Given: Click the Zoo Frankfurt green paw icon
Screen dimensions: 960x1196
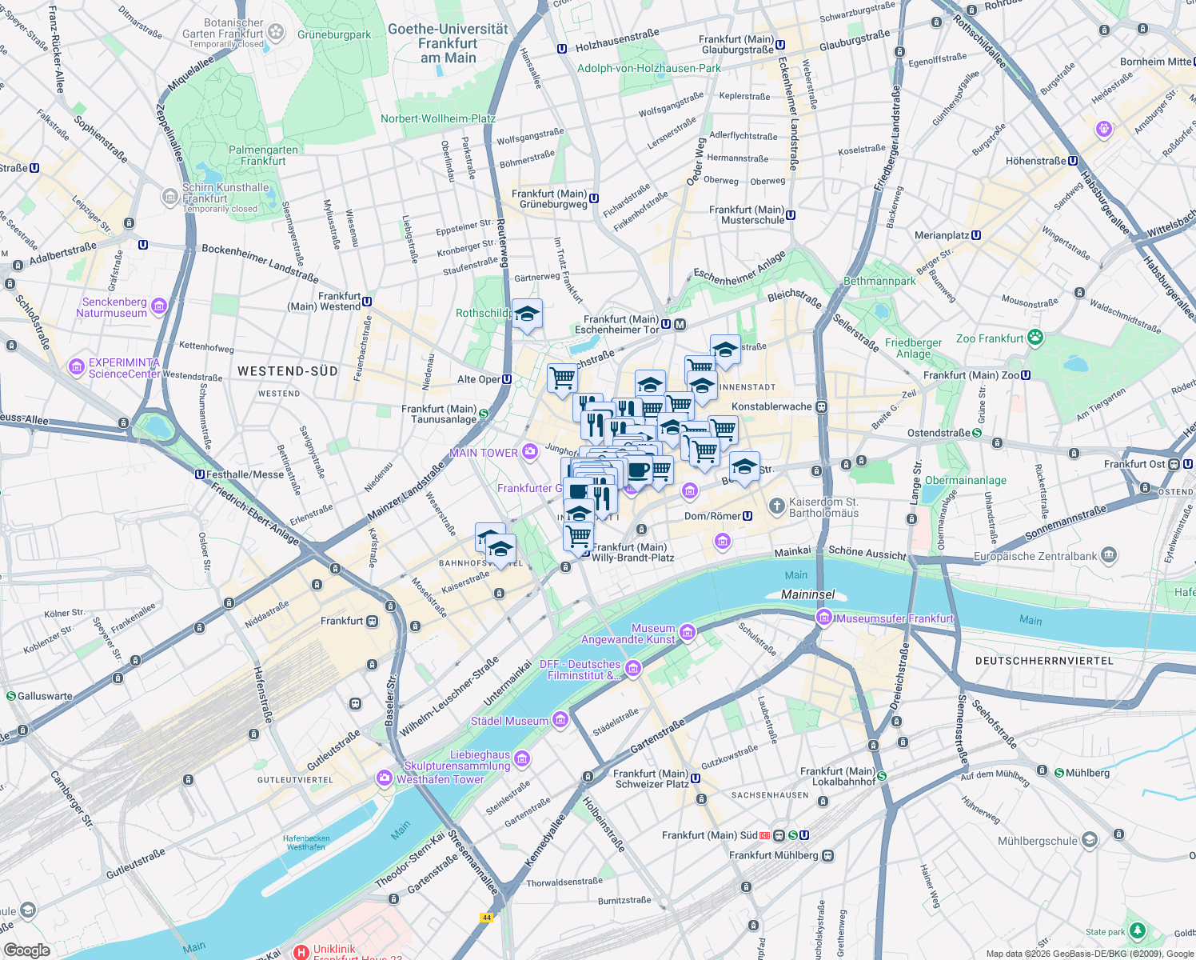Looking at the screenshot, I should (1035, 338).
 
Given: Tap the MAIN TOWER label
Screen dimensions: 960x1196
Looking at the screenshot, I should (483, 453).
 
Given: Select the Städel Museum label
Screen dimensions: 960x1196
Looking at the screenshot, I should (509, 721).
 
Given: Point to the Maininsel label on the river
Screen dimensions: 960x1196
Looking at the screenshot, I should (807, 594).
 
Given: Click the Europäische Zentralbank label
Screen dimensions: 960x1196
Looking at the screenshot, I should (1035, 556).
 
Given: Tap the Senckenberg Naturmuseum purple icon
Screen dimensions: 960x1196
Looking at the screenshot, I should (159, 306).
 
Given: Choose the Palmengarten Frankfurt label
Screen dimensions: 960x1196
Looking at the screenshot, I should (263, 155).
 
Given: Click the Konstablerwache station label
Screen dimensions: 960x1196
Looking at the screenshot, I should (771, 406).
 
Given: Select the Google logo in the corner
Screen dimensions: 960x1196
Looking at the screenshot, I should (26, 950).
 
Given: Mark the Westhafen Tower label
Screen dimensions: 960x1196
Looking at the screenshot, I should (440, 779).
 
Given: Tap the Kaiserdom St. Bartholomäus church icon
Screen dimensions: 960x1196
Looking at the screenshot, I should (776, 506).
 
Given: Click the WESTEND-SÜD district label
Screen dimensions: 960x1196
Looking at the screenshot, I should (288, 371).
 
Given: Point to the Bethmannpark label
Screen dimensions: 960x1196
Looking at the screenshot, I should (879, 281).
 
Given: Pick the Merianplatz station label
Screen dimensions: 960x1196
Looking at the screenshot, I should (942, 235).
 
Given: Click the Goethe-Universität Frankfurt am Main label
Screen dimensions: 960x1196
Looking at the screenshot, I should (448, 43).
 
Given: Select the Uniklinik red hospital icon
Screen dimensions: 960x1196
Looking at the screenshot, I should (301, 952).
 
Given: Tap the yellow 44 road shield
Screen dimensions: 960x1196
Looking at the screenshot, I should (486, 918).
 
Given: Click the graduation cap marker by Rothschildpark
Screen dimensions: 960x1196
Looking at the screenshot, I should (527, 314).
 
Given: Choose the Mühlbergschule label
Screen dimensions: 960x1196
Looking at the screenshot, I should (1037, 841).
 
